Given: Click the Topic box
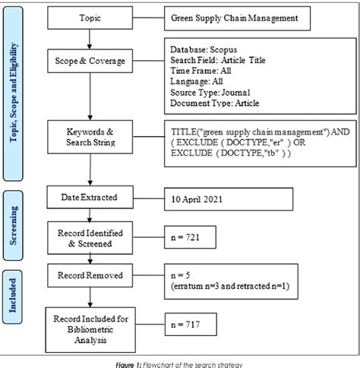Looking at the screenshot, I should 90,16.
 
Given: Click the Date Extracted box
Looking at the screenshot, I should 90,198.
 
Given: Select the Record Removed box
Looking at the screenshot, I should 90,273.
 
